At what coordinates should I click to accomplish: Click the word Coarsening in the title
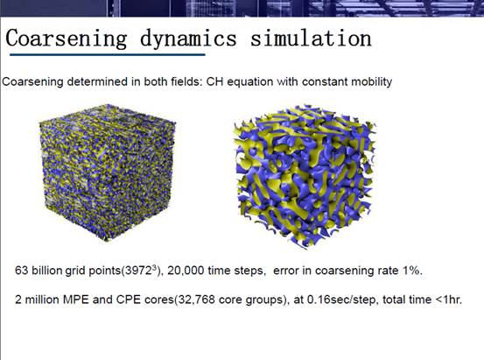pyautogui.click(x=67, y=39)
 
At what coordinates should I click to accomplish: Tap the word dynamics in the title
pyautogui.click(x=188, y=39)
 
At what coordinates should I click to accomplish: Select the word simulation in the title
pyautogui.click(x=311, y=38)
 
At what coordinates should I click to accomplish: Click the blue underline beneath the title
pyautogui.click(x=108, y=54)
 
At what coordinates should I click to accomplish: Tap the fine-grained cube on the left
pyautogui.click(x=108, y=173)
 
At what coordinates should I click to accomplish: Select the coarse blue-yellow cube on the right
pyautogui.click(x=305, y=176)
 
